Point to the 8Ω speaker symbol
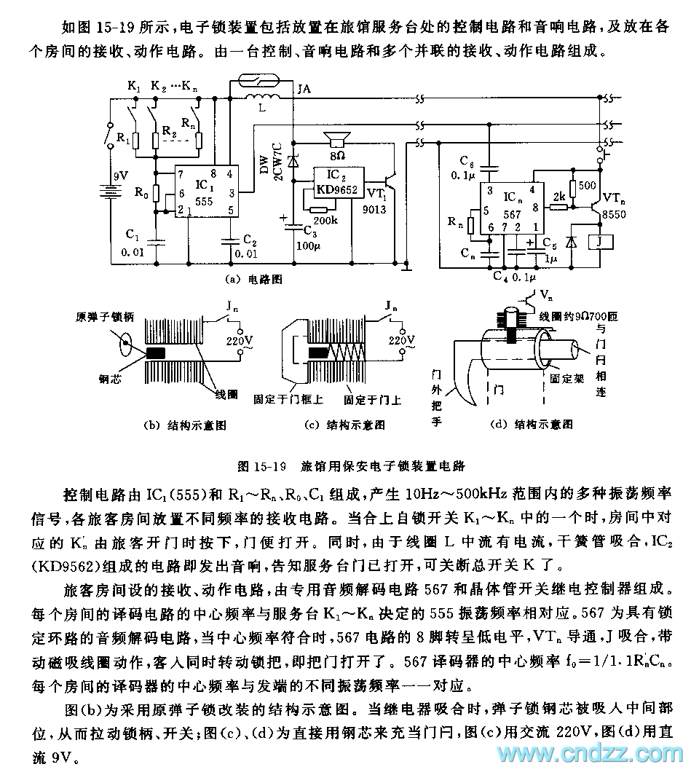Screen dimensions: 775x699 tap(336, 140)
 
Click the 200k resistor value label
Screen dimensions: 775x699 tap(323, 219)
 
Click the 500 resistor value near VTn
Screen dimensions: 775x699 tap(587, 186)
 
